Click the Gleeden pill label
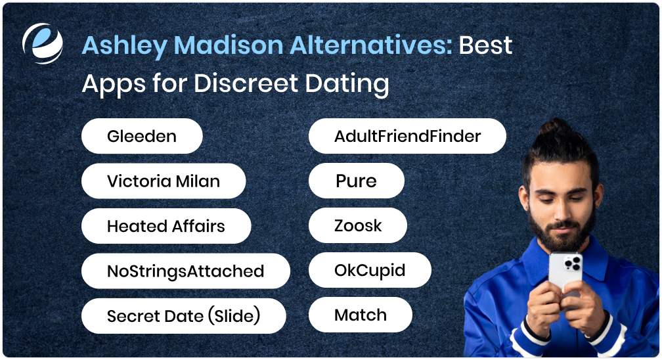141,137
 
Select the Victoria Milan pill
163,181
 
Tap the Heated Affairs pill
165,227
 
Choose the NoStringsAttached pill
185,271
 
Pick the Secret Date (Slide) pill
183,316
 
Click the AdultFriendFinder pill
407,137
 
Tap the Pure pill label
356,181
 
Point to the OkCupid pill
370,271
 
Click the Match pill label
361,315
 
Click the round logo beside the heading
42,43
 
